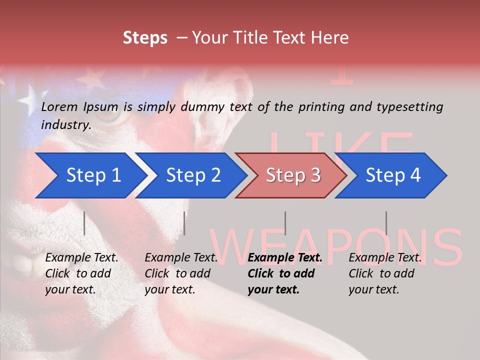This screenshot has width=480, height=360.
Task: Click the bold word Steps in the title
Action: (x=145, y=38)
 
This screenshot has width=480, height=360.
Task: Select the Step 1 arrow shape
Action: (x=90, y=175)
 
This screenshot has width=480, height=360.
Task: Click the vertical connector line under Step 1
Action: (x=84, y=223)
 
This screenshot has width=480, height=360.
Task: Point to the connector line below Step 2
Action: (x=184, y=223)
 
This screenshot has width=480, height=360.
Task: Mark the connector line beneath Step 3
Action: (x=285, y=223)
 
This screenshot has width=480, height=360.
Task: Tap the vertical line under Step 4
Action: (x=386, y=223)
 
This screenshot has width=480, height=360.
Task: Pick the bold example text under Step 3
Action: (x=284, y=273)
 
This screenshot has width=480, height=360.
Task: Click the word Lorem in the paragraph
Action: (x=59, y=107)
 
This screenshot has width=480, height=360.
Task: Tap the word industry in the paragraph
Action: (x=65, y=125)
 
